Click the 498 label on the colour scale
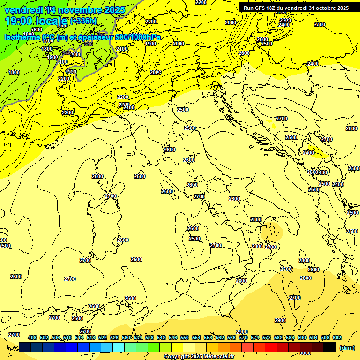pos(32,337)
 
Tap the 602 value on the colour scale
pos(337,337)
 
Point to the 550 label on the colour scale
pos(185,337)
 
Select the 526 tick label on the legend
pos(114,337)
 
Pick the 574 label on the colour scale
pos(255,337)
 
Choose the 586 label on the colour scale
pos(290,337)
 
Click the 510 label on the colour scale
pos(67,337)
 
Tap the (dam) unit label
pos(347,347)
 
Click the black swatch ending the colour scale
pos(330,347)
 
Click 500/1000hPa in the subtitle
pos(138,37)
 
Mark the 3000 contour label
pos(305,353)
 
